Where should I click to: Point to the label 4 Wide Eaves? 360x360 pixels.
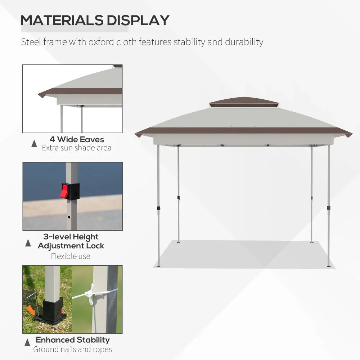coord(77,139)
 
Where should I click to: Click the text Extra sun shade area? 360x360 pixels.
coord(77,148)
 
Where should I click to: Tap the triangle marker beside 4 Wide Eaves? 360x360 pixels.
coord(34,144)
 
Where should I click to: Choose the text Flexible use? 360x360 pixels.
coord(71,256)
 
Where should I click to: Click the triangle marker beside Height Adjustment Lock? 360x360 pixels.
coord(28,243)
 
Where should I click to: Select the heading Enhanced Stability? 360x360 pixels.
coord(73,340)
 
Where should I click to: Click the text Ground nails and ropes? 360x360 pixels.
coord(73,349)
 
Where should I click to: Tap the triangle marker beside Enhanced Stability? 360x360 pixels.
coord(27,342)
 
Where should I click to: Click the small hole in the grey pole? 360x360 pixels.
coord(69,217)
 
